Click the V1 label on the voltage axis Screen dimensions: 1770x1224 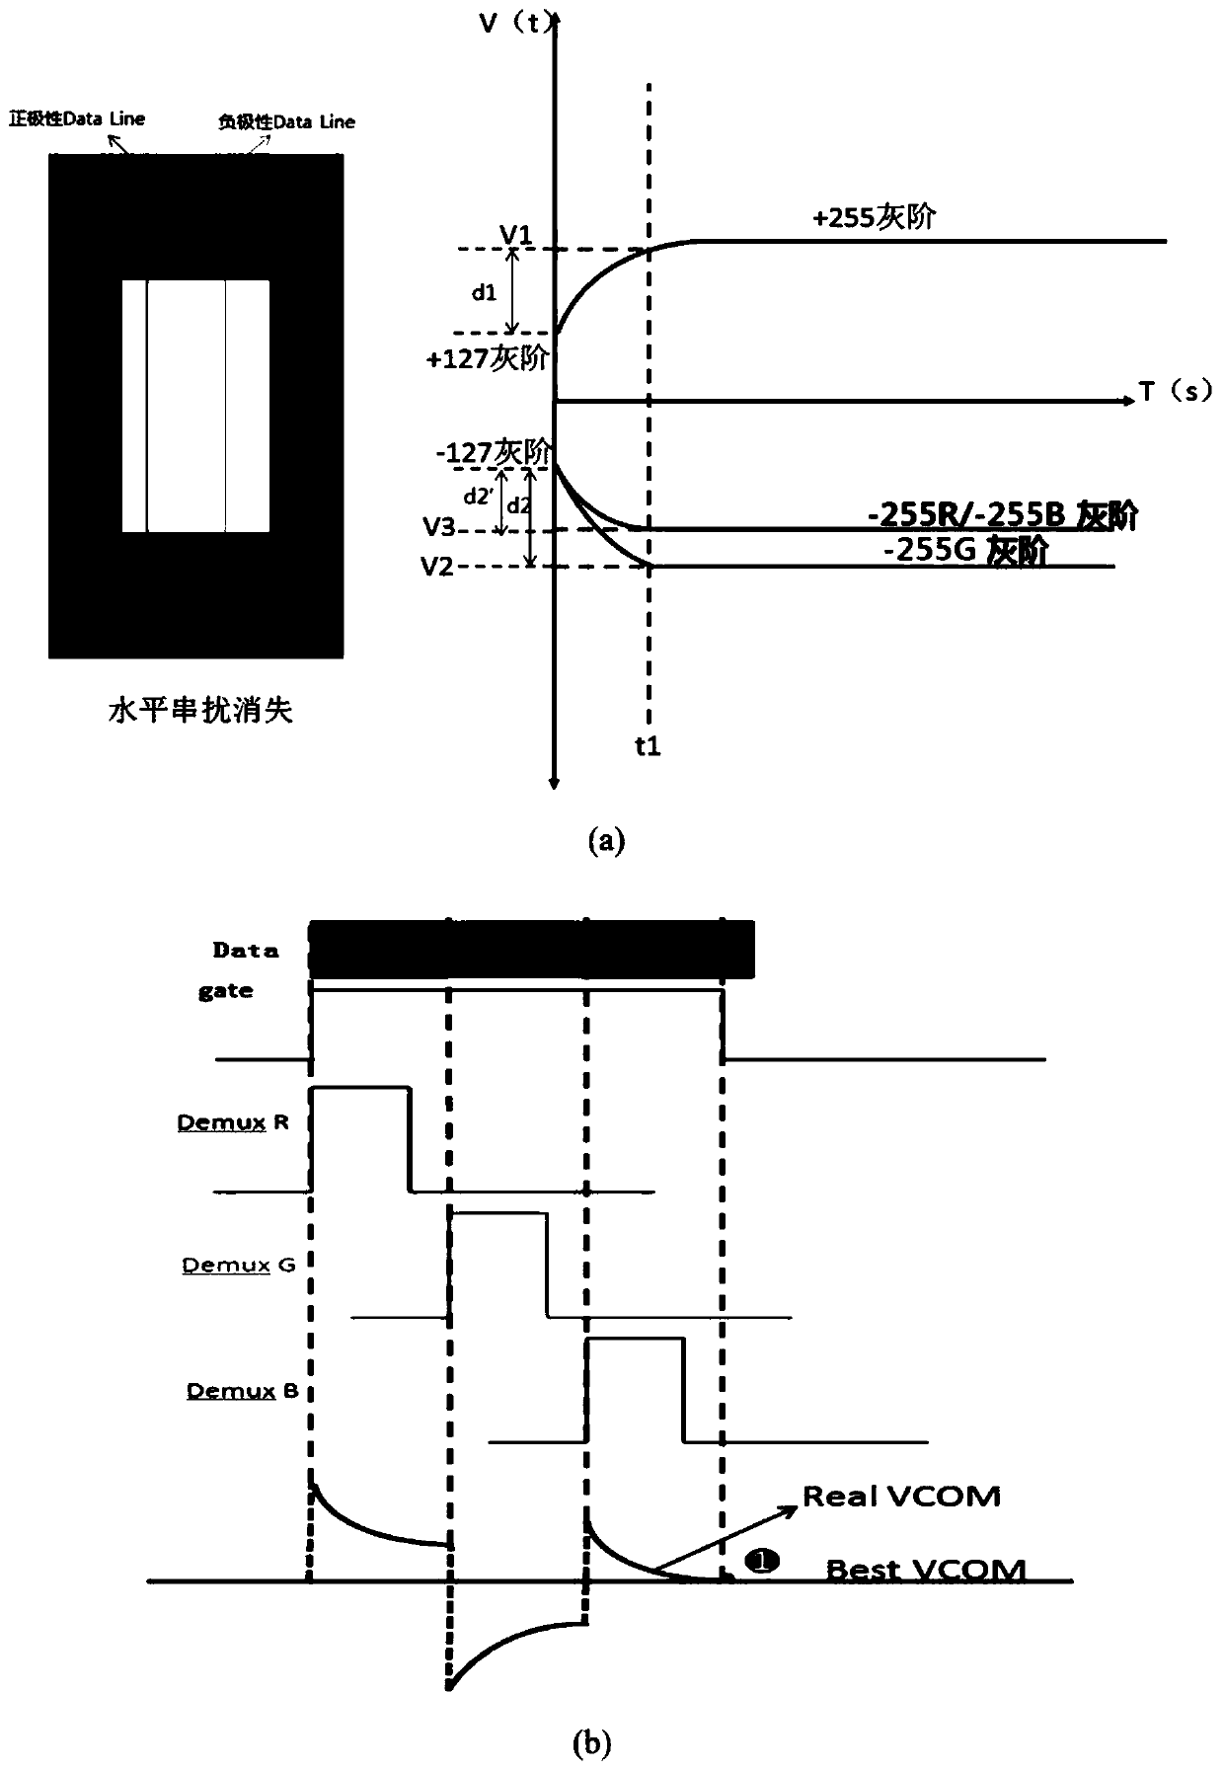click(516, 235)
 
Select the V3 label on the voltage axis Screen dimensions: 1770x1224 click(438, 528)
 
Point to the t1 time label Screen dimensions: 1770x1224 click(648, 747)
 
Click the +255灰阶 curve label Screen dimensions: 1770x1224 click(874, 217)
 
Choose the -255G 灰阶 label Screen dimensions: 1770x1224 click(964, 551)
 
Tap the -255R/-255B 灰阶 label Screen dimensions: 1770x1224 click(1002, 516)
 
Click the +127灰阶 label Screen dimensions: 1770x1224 click(487, 359)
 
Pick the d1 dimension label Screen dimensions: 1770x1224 click(484, 293)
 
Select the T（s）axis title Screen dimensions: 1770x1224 click(1176, 393)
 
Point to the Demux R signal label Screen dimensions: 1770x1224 click(233, 1122)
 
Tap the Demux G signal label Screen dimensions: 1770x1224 click(239, 1265)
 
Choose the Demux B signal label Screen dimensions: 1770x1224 click(243, 1391)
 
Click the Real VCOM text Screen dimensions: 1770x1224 click(901, 1497)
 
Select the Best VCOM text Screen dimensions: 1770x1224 click(925, 1570)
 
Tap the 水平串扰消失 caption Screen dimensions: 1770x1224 click(200, 710)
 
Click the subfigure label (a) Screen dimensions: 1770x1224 click(606, 841)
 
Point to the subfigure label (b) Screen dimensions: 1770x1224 click(592, 1744)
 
